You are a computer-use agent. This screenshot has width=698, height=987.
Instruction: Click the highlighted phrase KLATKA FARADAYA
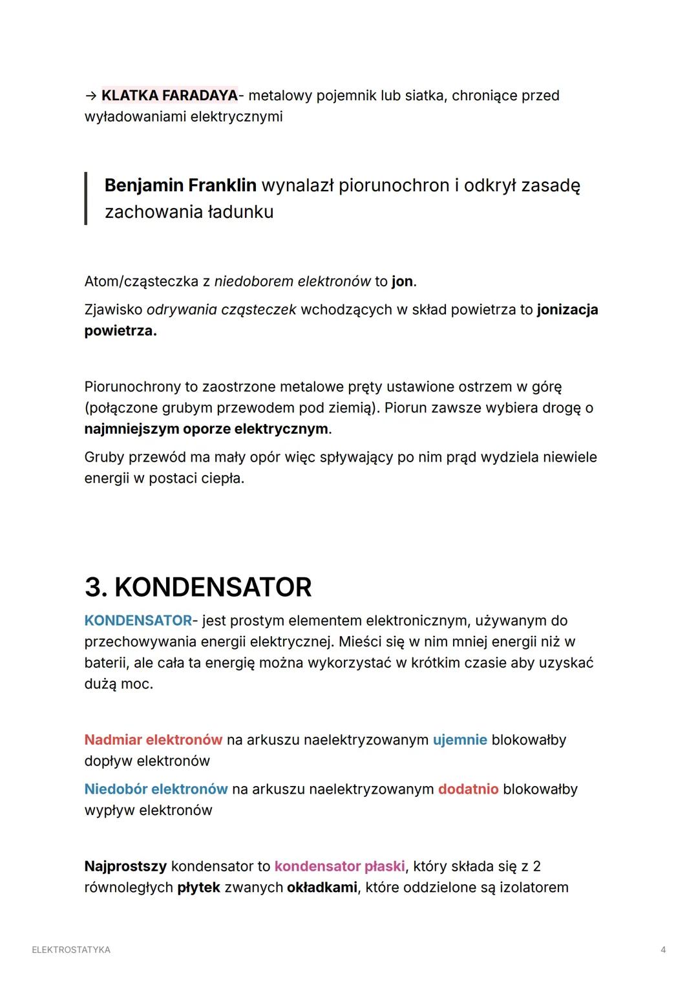pos(169,96)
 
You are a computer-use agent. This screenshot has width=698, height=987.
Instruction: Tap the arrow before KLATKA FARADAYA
pos(90,96)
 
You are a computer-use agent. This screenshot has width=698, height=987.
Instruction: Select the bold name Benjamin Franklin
pos(180,186)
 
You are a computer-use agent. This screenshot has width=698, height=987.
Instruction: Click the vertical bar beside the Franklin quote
pos(86,198)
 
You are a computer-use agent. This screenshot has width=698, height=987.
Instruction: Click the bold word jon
pos(402,282)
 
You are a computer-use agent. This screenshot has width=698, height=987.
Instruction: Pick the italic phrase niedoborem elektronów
pos(292,282)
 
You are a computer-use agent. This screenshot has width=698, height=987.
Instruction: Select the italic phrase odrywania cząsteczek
pos(221,310)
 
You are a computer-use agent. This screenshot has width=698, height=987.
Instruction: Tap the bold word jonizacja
pos(567,310)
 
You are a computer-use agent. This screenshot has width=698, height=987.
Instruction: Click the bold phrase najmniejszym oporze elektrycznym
pos(206,429)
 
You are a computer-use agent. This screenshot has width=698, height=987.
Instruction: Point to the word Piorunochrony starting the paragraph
pos(132,387)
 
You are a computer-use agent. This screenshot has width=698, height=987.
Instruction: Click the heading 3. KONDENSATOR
pos(198,587)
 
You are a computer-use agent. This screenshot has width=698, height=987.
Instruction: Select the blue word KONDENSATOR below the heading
pos(138,621)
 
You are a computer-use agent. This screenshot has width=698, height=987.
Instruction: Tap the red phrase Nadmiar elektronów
pos(153,739)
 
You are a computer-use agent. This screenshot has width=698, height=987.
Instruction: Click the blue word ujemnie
pos(460,739)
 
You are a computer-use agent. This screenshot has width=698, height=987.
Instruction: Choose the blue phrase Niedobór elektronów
pos(156,789)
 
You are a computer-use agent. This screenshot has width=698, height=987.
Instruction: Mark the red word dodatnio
pos(468,789)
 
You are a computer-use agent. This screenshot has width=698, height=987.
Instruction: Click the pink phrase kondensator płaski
pos(339,866)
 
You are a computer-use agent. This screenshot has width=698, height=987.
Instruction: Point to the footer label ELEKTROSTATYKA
pos(71,950)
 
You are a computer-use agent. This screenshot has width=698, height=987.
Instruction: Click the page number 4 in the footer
pos(663,950)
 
